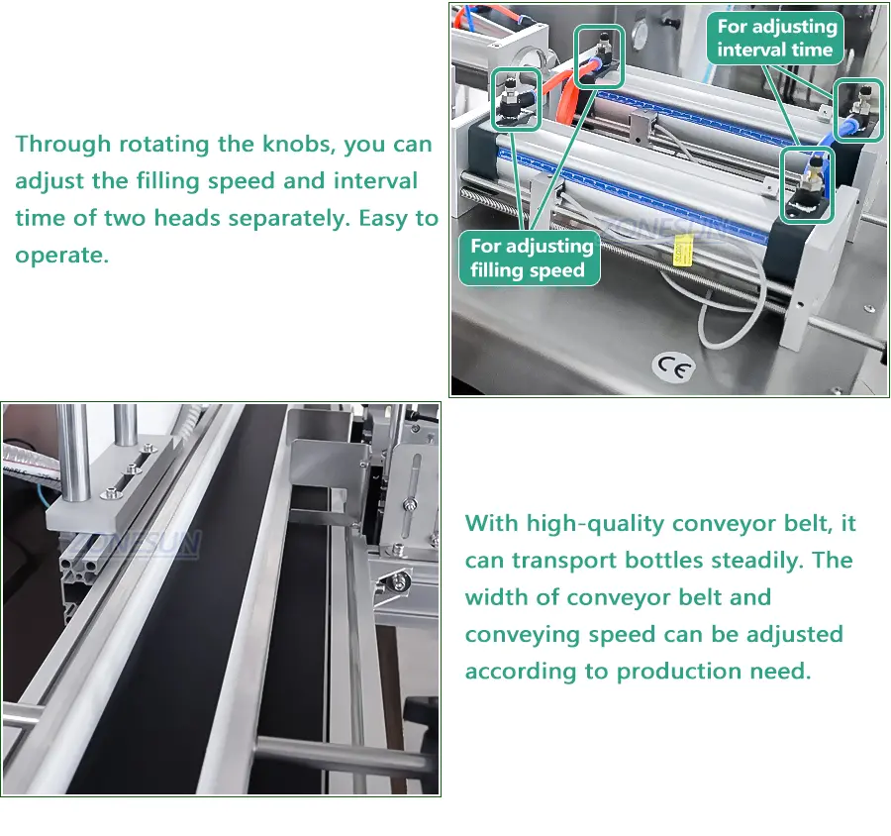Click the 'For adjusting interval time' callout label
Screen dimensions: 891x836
(x=775, y=38)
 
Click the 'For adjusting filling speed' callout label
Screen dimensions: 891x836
(x=530, y=258)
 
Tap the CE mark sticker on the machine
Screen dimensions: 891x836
(x=674, y=367)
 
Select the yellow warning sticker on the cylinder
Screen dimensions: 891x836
(x=682, y=251)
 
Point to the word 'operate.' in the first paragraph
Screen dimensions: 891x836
(x=62, y=256)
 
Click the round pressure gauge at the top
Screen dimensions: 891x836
(x=639, y=33)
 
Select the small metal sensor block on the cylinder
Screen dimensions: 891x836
(x=642, y=126)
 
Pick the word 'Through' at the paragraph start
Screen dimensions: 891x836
(x=62, y=145)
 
